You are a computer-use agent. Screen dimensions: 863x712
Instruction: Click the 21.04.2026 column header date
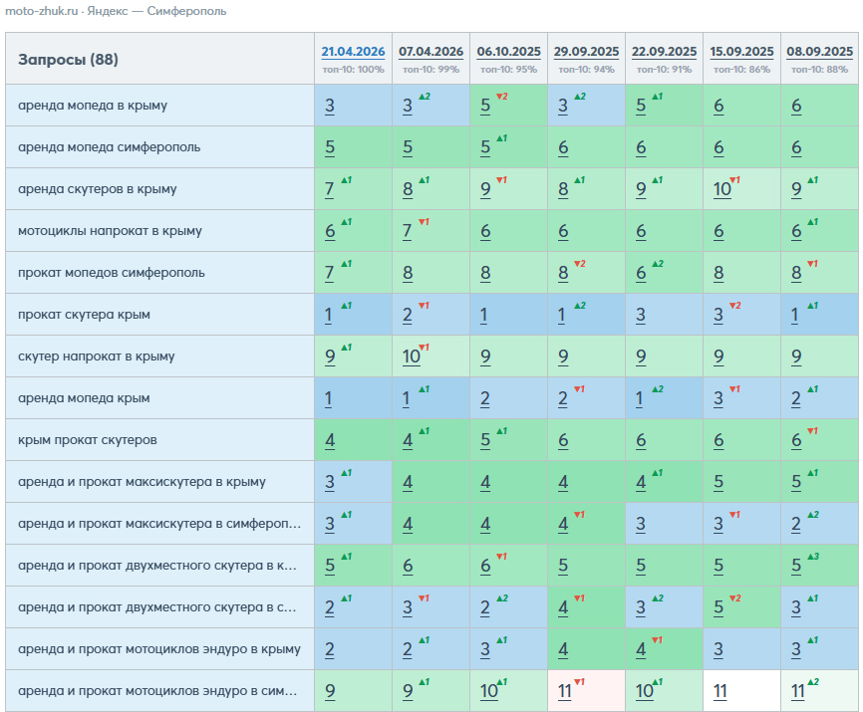pyautogui.click(x=353, y=52)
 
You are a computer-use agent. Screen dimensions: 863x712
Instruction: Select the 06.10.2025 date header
pyautogui.click(x=508, y=52)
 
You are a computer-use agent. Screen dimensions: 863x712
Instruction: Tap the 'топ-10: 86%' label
pyautogui.click(x=741, y=70)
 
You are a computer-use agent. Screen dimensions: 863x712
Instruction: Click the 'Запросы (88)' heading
pyautogui.click(x=68, y=60)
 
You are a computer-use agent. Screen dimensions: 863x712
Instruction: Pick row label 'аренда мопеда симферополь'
pyautogui.click(x=109, y=147)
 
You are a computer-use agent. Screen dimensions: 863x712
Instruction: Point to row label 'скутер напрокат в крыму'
pyautogui.click(x=97, y=356)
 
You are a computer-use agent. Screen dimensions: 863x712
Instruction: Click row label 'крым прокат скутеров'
pyautogui.click(x=88, y=440)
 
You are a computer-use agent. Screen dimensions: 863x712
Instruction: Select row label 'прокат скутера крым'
pyautogui.click(x=85, y=315)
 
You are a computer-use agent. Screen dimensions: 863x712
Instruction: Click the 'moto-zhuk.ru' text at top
pyautogui.click(x=41, y=11)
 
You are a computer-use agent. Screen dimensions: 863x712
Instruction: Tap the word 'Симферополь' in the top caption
pyautogui.click(x=186, y=11)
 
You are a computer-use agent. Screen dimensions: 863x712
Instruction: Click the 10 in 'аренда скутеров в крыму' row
pyautogui.click(x=721, y=189)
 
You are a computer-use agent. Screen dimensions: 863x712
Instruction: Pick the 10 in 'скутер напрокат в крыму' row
pyautogui.click(x=411, y=356)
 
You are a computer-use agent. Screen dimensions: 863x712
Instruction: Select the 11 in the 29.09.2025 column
pyautogui.click(x=564, y=690)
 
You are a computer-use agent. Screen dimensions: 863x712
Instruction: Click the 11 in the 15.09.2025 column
pyautogui.click(x=719, y=690)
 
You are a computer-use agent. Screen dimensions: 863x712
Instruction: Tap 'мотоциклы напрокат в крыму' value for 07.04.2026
pyautogui.click(x=408, y=231)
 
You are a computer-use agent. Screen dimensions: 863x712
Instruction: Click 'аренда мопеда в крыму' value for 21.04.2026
pyautogui.click(x=329, y=106)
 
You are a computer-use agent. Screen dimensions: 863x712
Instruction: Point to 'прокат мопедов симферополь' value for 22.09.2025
pyautogui.click(x=641, y=273)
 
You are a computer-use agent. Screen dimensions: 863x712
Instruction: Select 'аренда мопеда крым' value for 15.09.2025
pyautogui.click(x=719, y=398)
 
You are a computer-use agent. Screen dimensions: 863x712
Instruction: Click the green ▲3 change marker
pyautogui.click(x=813, y=557)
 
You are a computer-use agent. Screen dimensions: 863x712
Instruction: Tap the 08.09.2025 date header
pyautogui.click(x=819, y=52)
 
